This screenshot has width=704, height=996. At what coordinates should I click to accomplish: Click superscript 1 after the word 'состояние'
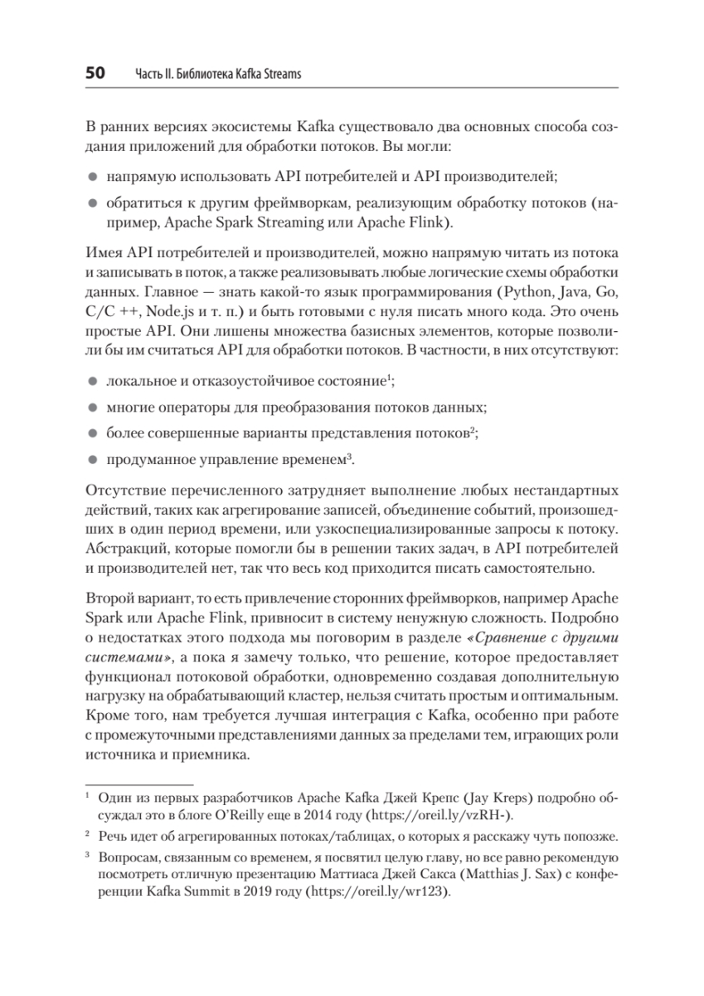click(388, 379)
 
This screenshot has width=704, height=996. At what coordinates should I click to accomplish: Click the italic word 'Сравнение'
click(523, 637)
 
